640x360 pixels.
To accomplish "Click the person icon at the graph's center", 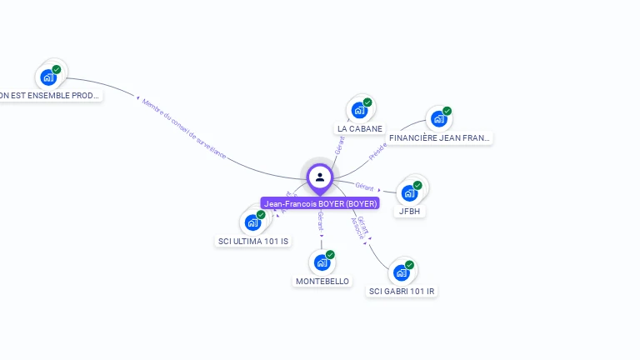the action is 320,177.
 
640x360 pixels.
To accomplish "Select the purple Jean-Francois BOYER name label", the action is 321,203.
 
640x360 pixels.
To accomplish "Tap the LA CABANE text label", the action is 360,129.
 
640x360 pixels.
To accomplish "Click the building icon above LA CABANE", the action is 358,110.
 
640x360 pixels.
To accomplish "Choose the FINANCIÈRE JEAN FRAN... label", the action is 440,137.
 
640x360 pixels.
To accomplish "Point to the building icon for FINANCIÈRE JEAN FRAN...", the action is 437,118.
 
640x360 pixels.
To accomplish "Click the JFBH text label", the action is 411,212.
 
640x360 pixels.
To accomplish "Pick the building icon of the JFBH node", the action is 409,192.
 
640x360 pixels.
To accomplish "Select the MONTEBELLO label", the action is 322,282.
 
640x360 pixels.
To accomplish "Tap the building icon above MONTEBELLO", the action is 322,262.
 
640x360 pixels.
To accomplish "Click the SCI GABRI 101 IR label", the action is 402,292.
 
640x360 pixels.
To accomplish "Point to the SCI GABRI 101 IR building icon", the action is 402,272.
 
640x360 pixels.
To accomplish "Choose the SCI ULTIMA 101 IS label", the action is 253,242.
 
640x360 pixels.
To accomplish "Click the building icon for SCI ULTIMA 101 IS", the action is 252,222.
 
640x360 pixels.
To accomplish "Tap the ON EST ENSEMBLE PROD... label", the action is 50,96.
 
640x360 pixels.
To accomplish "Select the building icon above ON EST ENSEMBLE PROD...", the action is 48,77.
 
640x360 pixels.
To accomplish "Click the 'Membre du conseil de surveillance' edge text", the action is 183,129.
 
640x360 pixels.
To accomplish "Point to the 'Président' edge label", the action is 378,151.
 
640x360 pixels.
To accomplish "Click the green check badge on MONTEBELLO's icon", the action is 330,255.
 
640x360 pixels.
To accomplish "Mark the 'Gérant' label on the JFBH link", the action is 364,186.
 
